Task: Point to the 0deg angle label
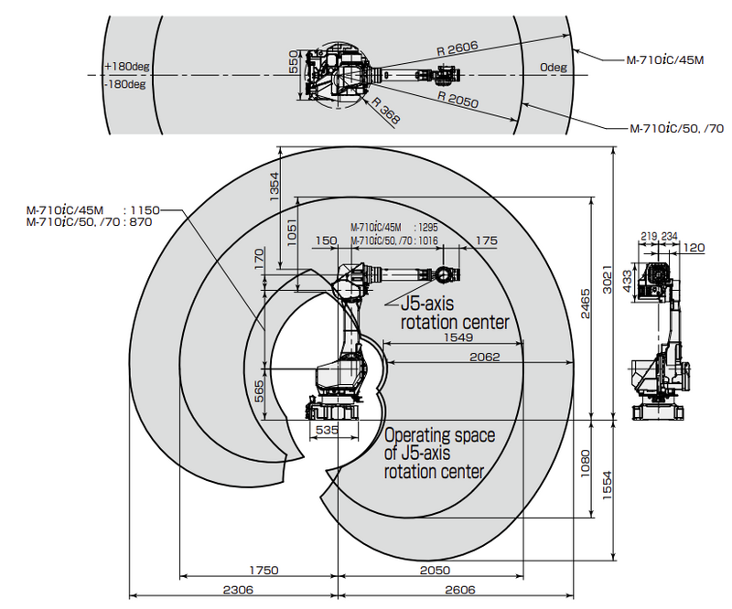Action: coord(553,67)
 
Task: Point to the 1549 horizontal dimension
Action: coord(457,337)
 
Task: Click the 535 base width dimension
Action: coord(328,428)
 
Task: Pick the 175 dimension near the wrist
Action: coord(487,240)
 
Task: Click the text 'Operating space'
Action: coord(440,436)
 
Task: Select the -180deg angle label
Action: coord(124,84)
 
